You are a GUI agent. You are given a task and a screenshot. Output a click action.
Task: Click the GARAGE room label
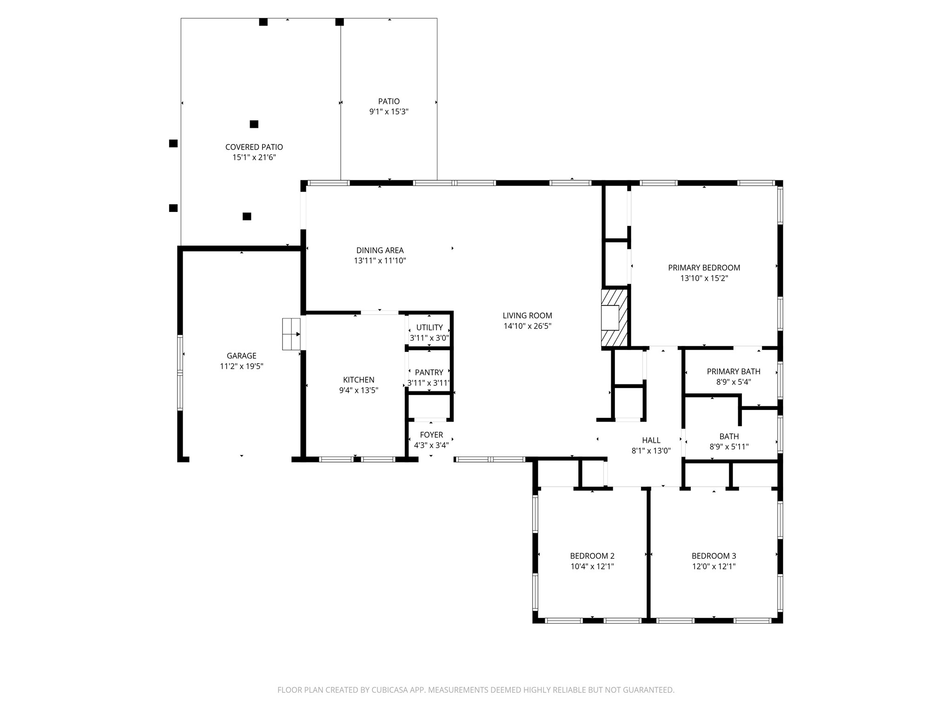(241, 356)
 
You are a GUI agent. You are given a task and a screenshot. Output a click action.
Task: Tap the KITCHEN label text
(358, 380)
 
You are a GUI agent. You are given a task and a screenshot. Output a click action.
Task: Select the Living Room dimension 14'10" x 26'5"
(527, 326)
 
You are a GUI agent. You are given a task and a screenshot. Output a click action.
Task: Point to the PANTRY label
(429, 372)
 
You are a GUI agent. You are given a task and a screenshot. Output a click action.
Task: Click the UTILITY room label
(429, 328)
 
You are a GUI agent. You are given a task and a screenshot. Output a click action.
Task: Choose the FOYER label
(431, 435)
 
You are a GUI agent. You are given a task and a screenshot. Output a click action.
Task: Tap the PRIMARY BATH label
(734, 371)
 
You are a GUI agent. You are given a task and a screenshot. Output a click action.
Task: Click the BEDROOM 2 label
(592, 556)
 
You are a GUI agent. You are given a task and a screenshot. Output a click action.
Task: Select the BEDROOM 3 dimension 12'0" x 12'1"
(714, 567)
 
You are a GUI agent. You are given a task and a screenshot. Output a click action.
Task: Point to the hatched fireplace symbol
(615, 318)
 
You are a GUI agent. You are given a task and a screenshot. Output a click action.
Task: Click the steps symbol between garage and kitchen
(291, 334)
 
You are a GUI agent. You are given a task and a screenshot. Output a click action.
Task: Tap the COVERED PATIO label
(254, 147)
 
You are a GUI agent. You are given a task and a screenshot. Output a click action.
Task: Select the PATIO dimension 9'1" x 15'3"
(389, 112)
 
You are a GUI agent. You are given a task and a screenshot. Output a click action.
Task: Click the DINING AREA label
(380, 251)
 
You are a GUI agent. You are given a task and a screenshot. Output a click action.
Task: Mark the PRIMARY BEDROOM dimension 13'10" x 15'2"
(704, 278)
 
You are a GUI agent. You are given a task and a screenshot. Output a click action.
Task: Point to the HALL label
(651, 440)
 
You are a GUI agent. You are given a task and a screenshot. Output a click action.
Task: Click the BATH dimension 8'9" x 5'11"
(729, 447)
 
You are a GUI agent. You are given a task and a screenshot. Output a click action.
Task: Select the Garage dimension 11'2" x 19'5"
(241, 367)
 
